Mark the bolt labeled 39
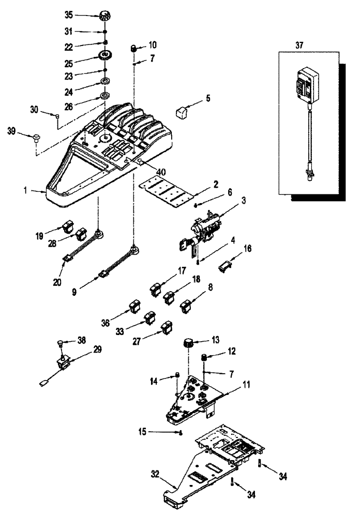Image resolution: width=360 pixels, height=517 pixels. [37, 137]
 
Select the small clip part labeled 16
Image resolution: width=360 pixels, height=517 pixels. [224, 265]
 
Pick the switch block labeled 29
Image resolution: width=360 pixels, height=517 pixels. [65, 364]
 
